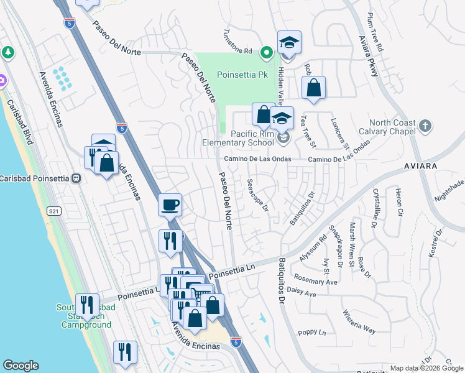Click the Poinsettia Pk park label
pos(242,75)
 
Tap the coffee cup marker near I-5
pos(170,204)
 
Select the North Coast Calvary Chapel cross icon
pos(425,126)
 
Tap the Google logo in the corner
pos(21,366)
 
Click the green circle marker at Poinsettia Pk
pos(267,53)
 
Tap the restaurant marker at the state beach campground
pos(86,305)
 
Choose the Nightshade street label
pos(449,188)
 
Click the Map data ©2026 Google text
pos(426,368)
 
